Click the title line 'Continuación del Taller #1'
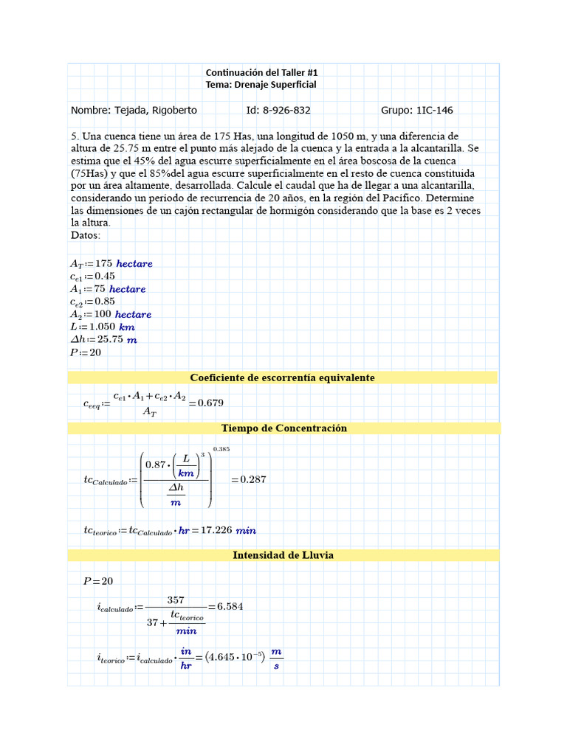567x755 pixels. [x=261, y=72]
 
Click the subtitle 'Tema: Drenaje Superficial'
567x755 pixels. [x=261, y=85]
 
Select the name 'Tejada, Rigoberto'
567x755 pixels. [x=155, y=110]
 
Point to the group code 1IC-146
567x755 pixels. [x=435, y=110]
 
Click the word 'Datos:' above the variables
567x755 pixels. [x=86, y=235]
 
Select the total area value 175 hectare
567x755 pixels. [x=123, y=263]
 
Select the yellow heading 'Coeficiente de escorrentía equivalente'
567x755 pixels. [x=282, y=377]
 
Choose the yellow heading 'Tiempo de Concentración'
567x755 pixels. [x=283, y=428]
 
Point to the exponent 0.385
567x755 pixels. [x=221, y=449]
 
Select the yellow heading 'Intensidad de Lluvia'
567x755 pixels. [x=283, y=555]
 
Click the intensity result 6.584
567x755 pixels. [x=230, y=607]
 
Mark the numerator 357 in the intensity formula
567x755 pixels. [x=176, y=599]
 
